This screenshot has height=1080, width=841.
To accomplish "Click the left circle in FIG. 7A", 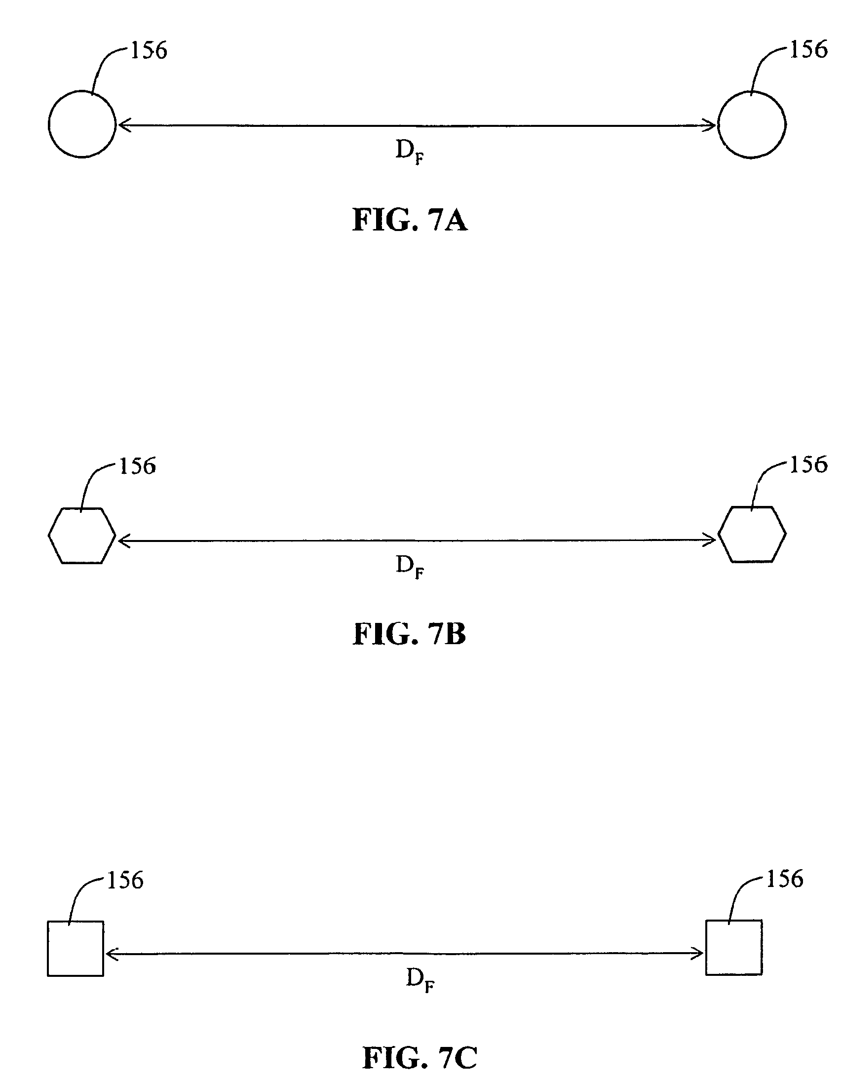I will (82, 124).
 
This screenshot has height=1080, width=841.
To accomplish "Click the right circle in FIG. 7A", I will (752, 124).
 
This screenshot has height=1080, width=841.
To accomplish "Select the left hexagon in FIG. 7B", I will (82, 535).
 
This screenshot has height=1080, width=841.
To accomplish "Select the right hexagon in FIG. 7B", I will (752, 535).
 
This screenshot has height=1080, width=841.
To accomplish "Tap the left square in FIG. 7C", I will (76, 949).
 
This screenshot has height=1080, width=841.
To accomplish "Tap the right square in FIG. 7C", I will (733, 948).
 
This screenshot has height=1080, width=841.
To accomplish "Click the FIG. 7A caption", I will (410, 220).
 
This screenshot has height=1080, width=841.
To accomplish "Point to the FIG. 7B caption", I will (409, 634).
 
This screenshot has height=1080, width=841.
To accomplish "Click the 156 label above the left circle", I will (149, 51).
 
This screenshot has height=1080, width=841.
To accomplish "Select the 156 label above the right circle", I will (808, 50).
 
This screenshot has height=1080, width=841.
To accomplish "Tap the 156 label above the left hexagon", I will (137, 466).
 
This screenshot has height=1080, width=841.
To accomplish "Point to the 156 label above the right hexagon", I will (808, 465).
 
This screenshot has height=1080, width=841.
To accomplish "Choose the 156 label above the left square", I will (125, 881).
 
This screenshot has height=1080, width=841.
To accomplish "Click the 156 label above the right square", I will (785, 879).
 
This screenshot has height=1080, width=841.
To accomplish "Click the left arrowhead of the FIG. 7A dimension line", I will (122, 125).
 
